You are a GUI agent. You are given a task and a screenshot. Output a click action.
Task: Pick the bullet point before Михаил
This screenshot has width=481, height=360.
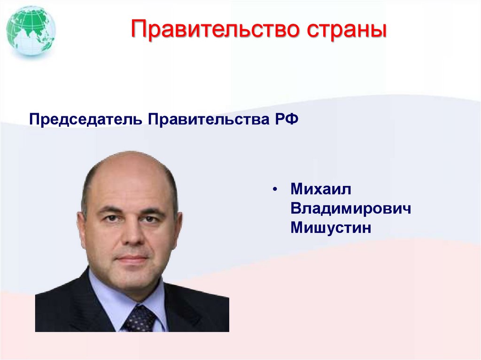click(x=275, y=190)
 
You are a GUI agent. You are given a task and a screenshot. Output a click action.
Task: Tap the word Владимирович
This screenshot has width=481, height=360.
click(x=350, y=208)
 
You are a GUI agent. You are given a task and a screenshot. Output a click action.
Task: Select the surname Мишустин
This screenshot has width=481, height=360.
click(x=331, y=228)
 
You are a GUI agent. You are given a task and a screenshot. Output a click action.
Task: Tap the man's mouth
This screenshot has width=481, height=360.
click(x=132, y=258)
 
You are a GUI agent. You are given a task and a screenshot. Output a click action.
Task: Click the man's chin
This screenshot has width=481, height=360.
click(x=133, y=281)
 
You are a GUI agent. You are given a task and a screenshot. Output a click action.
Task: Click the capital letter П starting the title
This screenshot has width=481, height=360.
click(x=139, y=29)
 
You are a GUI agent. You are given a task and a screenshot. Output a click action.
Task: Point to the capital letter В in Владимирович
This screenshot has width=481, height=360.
click(x=295, y=208)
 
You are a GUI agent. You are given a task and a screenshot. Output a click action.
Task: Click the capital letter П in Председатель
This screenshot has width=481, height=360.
click(x=33, y=119)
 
